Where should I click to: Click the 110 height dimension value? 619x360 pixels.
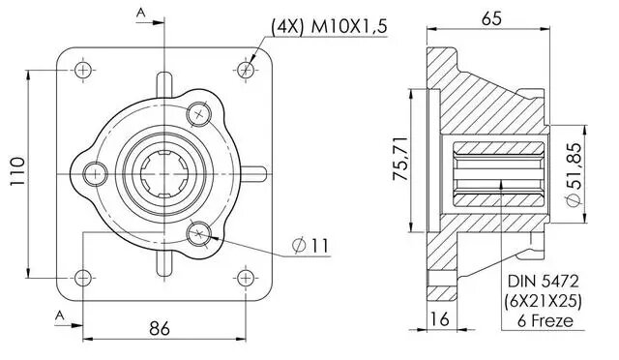coord(17,171)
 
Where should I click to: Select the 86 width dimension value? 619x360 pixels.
coord(160,328)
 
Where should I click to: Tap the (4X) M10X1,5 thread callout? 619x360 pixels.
coord(329,27)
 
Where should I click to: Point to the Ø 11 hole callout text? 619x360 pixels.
coord(310,246)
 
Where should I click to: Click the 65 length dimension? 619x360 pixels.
coord(491,18)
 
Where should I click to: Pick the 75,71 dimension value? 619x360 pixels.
coord(399,159)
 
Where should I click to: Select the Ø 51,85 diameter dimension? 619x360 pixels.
coord(574,174)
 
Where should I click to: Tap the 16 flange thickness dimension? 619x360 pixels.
coord(439,319)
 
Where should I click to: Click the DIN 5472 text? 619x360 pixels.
coord(544,282)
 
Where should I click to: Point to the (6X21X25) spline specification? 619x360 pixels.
coord(543,302)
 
